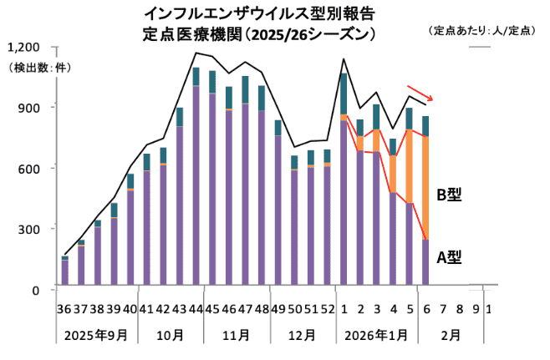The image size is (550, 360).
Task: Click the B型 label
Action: pyautogui.click(x=450, y=195)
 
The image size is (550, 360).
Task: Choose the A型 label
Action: pyautogui.click(x=450, y=257)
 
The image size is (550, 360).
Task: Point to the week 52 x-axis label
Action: pyautogui.click(x=327, y=309)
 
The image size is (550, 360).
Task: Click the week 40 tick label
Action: pyautogui.click(x=130, y=309)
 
